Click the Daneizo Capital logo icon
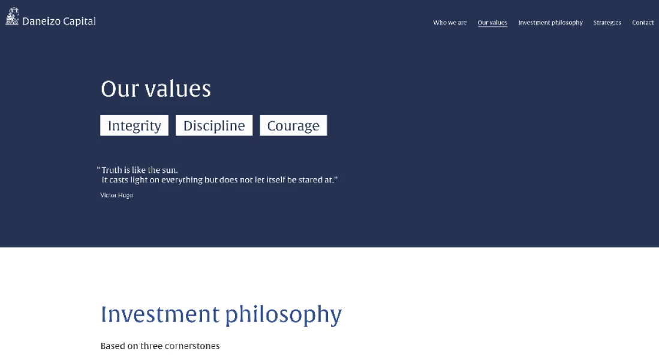pyautogui.click(x=12, y=16)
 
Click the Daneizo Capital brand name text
pyautogui.click(x=59, y=21)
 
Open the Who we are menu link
pyautogui.click(x=450, y=23)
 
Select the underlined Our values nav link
pyautogui.click(x=492, y=23)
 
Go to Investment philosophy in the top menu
pyautogui.click(x=550, y=23)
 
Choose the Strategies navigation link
pyautogui.click(x=607, y=23)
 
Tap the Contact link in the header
pyautogui.click(x=643, y=23)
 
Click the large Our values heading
pyautogui.click(x=156, y=89)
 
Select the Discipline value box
pyautogui.click(x=214, y=125)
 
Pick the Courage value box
pyautogui.click(x=293, y=125)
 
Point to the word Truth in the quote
pyautogui.click(x=112, y=170)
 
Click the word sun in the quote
pyautogui.click(x=169, y=170)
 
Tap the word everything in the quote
pyautogui.click(x=182, y=180)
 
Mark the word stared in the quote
pyautogui.click(x=310, y=179)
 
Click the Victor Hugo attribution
pyautogui.click(x=116, y=195)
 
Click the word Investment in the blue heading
pyautogui.click(x=160, y=314)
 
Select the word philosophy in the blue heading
pyautogui.click(x=284, y=315)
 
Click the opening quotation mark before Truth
pyautogui.click(x=98, y=169)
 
